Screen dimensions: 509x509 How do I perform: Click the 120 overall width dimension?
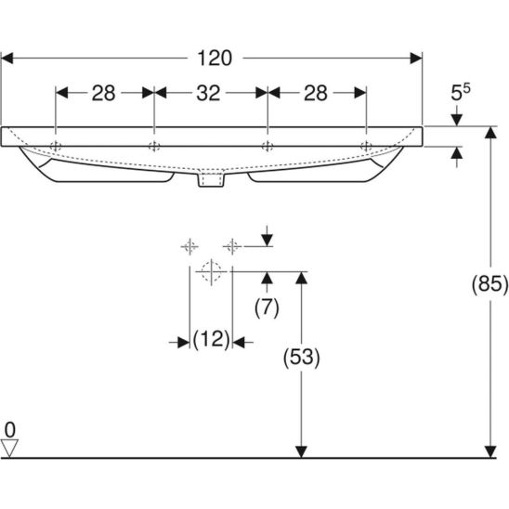[215, 59]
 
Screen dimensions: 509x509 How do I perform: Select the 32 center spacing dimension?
[208, 93]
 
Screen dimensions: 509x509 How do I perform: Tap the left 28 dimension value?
[103, 93]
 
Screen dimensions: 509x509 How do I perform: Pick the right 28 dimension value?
[316, 93]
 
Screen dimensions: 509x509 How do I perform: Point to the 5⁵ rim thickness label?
[460, 92]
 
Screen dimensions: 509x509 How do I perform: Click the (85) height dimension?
[489, 284]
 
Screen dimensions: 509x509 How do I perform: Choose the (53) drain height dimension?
[302, 358]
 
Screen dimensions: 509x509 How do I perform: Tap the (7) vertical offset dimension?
[267, 307]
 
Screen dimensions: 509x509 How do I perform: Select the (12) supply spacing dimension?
[212, 339]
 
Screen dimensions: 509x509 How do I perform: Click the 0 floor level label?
[10, 430]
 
